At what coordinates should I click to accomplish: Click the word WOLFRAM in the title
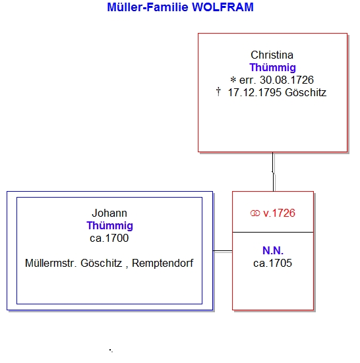coord(223,7)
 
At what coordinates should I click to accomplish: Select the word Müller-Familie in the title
coord(148,7)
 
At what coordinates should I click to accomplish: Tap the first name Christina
coord(272,55)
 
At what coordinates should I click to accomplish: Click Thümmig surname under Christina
coord(273,68)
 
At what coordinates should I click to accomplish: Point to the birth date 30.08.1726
coord(287,80)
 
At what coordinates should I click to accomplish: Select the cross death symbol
coord(218,92)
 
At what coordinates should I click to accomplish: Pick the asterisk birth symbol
coord(233,80)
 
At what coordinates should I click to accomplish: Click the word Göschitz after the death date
coord(305,93)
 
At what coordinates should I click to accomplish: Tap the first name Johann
coord(109,213)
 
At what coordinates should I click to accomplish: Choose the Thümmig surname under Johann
coord(110,226)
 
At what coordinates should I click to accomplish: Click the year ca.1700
coord(109,238)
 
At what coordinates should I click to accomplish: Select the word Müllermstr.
coord(51,264)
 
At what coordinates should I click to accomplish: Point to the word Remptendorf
coord(162,264)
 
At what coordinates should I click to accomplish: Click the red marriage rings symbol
coord(255,213)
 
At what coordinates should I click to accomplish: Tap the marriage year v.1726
coord(279,213)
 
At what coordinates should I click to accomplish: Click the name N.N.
coord(273,251)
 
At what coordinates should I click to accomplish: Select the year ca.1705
coord(273,264)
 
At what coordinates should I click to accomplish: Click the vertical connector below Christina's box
coord(273,172)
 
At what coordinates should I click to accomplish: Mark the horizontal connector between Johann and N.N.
coord(223,251)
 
